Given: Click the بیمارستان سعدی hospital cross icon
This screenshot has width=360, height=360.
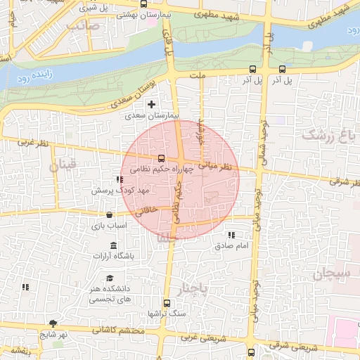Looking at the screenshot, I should [x=151, y=104].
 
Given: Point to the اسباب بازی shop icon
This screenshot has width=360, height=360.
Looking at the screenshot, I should [x=109, y=215].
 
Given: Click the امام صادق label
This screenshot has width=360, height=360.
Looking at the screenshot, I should [x=231, y=246].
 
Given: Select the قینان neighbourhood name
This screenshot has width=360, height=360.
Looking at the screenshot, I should [x=61, y=166].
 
